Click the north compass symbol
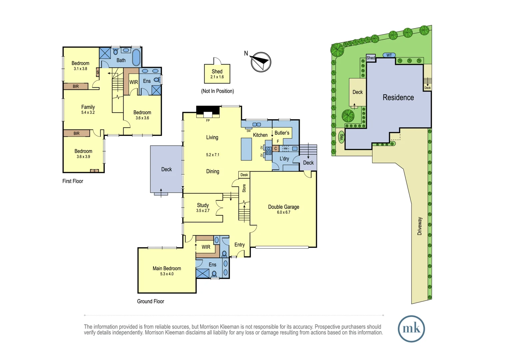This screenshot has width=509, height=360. [x=261, y=62]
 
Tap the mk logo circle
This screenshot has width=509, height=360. [x=411, y=329]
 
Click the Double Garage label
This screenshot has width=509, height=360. [x=283, y=207]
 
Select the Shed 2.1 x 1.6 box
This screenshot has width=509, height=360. [x=217, y=74]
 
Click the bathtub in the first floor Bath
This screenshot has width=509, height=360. [x=136, y=57]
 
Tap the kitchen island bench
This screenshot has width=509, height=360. [x=246, y=149]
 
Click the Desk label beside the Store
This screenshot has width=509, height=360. [x=244, y=175]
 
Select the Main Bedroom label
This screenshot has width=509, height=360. [x=167, y=268]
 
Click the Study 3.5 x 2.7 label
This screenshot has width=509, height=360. [x=203, y=207]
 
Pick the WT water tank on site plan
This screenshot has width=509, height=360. [x=389, y=55]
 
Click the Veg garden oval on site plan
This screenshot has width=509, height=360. [x=341, y=137]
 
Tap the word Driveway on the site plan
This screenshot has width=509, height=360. [x=420, y=226]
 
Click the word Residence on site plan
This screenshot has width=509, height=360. [x=398, y=98]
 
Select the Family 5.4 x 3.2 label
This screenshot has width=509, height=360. [x=88, y=109]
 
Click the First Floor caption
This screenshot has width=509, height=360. [x=73, y=181]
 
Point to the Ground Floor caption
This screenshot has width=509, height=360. [x=151, y=301]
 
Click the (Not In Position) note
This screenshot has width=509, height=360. [x=217, y=91]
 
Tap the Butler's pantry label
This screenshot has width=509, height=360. [x=282, y=133]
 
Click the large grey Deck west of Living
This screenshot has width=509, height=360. [x=166, y=169]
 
